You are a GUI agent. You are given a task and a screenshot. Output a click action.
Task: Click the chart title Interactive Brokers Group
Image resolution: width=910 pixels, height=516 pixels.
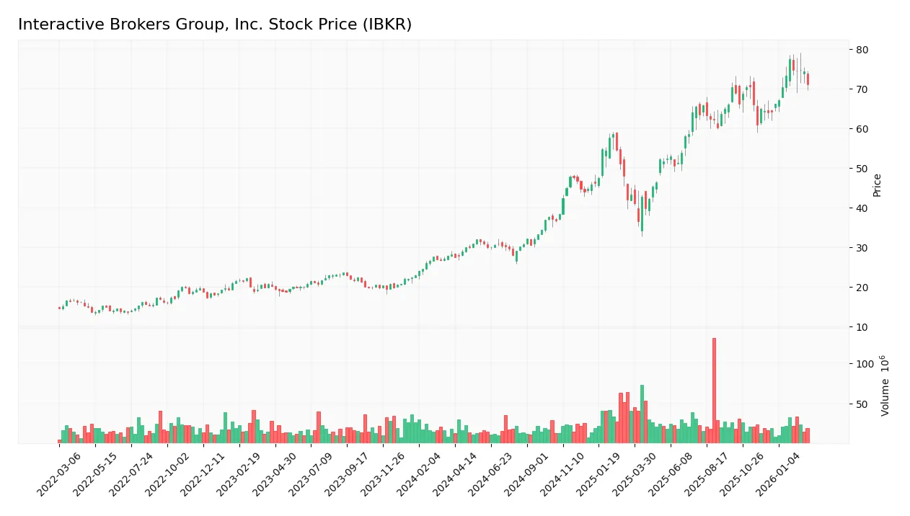[x=214, y=25]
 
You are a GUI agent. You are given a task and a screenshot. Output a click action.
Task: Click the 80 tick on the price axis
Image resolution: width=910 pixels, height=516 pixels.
[x=862, y=50]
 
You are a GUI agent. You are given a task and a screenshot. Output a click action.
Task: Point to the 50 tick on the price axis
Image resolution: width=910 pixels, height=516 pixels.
[x=862, y=169]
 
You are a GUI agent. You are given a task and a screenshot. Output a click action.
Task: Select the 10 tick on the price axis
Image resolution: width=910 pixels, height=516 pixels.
[x=862, y=327]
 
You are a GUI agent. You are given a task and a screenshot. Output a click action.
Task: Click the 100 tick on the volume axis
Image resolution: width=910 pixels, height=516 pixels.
[x=865, y=364]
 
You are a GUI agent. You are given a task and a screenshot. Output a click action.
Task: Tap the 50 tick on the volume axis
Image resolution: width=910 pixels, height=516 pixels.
[x=862, y=404]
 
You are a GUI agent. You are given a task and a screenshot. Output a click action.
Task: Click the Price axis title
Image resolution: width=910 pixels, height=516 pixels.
[x=878, y=185]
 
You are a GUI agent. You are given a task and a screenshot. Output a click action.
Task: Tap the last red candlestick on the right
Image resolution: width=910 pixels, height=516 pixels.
[x=808, y=79]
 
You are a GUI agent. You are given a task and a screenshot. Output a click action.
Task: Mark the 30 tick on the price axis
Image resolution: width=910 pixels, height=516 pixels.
[x=862, y=248]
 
